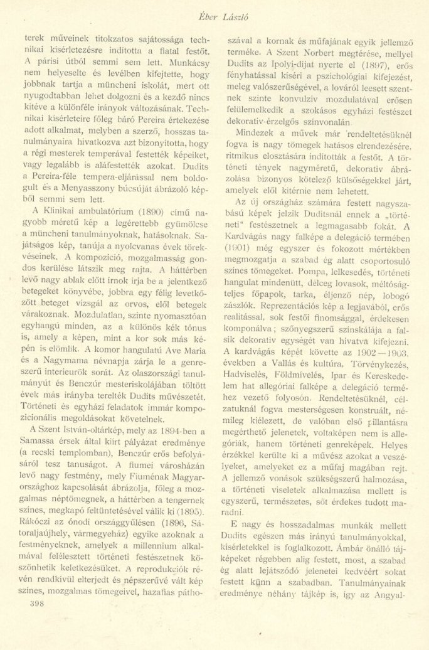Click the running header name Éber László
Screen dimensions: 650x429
pos(215,10)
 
